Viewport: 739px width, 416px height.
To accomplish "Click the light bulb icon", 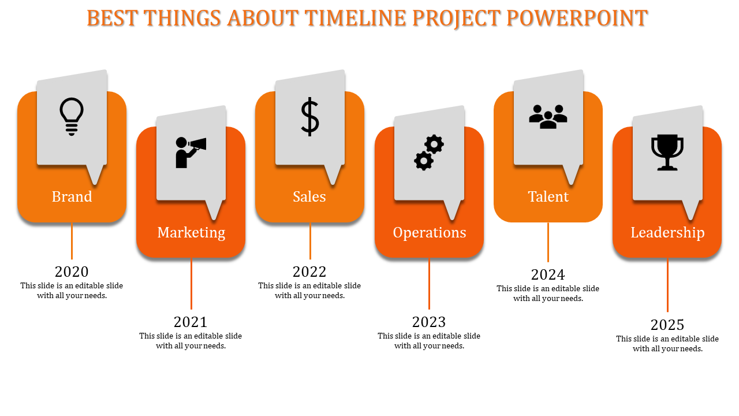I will coord(72,117).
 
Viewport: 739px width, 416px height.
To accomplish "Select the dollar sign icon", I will coord(310,117).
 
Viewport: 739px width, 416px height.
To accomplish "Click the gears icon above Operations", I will coord(429,153).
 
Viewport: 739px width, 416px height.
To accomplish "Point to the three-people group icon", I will coord(548,117).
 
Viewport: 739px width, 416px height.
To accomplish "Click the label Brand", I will coord(72,196).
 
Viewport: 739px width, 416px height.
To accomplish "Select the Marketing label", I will coord(191,232).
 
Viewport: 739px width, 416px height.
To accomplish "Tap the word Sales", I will coord(309,196).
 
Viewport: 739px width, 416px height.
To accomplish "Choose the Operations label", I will coord(430,232).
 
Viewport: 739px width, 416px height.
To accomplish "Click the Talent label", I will coord(548,196).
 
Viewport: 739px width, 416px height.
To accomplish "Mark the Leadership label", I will coord(667,232).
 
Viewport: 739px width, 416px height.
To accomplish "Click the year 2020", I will coord(72,272).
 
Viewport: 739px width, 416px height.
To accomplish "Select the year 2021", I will coord(191,322).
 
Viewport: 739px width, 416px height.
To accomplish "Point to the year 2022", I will coord(309,272).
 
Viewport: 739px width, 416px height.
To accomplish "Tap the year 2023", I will coord(429,322).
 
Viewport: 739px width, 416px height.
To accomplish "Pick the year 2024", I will coord(548,274).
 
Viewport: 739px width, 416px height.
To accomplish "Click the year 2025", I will coord(667,325).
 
